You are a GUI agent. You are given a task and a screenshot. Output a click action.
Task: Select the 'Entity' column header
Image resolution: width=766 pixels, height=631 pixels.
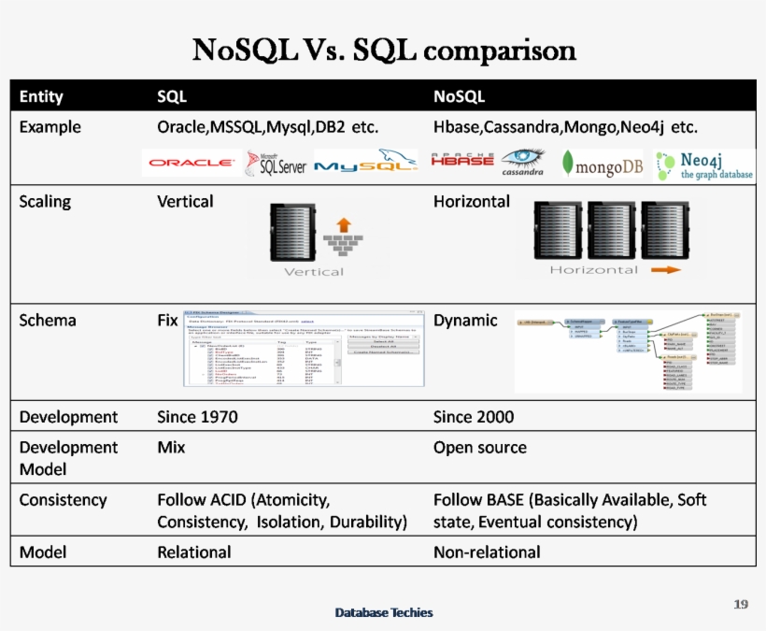[x=41, y=96]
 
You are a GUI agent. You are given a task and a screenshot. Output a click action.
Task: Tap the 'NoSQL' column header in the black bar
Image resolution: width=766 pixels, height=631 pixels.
[x=459, y=96]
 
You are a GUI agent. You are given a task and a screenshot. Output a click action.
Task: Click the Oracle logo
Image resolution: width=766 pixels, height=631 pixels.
[x=191, y=163]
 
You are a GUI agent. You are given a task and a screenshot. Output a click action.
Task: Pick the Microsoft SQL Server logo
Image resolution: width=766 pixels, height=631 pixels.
[x=276, y=164]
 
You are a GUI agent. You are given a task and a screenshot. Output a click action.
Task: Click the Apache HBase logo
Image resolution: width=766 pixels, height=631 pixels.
[x=461, y=161]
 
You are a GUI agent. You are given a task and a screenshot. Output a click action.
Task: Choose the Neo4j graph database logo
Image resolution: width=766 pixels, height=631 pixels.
[x=704, y=165]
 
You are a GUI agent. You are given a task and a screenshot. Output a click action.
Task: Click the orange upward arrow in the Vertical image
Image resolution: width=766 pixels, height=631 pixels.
[x=343, y=224]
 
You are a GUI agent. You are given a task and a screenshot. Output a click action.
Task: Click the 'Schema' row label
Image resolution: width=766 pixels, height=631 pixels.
[x=48, y=320]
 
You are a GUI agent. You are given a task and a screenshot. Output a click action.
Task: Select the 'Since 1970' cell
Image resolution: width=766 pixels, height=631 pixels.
[x=197, y=417]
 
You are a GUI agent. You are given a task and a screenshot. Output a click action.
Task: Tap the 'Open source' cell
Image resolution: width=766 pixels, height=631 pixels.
[x=480, y=447]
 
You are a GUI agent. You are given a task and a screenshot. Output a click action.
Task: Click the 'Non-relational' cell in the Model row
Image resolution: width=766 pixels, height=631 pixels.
[x=487, y=552]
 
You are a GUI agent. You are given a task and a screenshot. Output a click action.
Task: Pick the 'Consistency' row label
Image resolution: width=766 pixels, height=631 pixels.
[x=63, y=499]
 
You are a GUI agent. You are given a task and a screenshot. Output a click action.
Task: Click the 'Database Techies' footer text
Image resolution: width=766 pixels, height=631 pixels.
[x=384, y=612]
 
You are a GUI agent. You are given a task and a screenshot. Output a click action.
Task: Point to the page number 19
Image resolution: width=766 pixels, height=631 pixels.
[x=741, y=604]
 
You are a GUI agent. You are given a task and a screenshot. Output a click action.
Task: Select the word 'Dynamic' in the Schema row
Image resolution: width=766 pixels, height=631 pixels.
[x=465, y=320]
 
